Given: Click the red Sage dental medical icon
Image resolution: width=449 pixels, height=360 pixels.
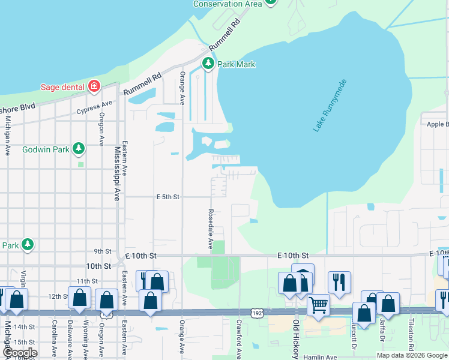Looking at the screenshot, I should pyautogui.click(x=94, y=87).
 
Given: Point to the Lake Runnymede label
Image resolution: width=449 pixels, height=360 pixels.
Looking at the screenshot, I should pyautogui.click(x=330, y=106).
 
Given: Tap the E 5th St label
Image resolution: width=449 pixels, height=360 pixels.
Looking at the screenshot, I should pyautogui.click(x=168, y=196).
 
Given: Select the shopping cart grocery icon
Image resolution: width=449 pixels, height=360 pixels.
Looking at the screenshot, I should pyautogui.click(x=318, y=305).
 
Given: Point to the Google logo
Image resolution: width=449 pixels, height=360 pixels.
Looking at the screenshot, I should pyautogui.click(x=20, y=353).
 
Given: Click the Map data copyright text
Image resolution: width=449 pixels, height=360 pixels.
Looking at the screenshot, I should pyautogui.click(x=412, y=355).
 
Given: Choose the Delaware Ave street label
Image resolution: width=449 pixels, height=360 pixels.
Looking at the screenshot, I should pyautogui.click(x=70, y=342).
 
